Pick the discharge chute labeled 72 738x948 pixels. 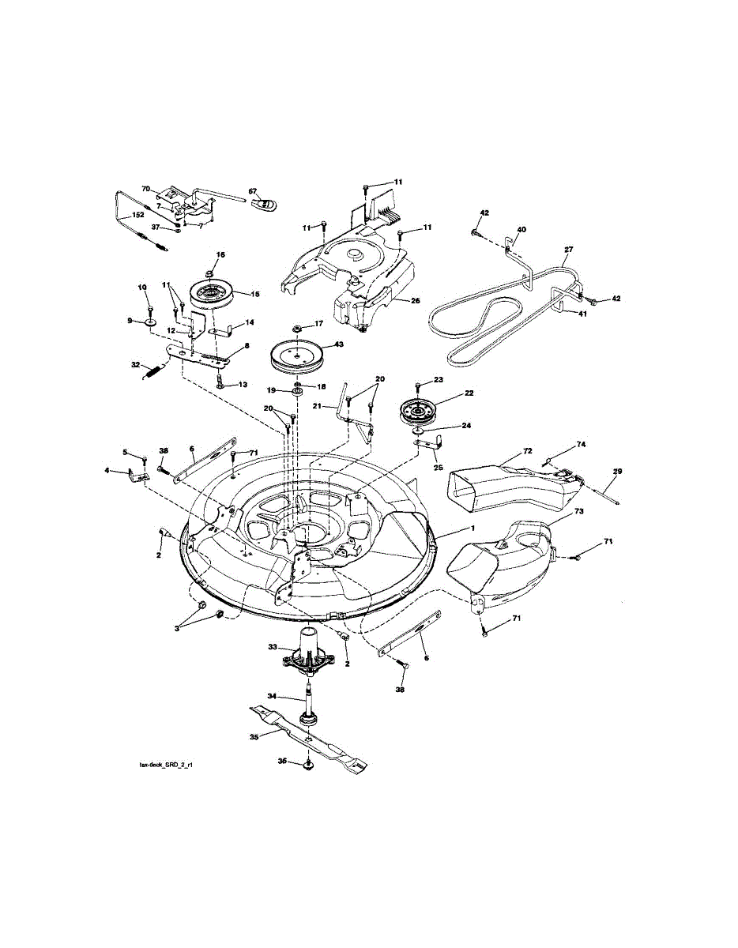(506, 484)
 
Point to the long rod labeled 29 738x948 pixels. (597, 493)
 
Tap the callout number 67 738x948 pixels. (253, 191)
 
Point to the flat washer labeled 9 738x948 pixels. (150, 322)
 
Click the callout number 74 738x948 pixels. (580, 446)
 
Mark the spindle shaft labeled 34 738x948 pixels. (307, 698)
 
